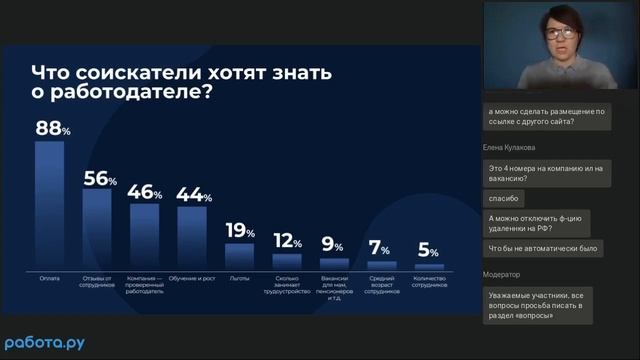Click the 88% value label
tap(52, 128)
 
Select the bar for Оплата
tap(49, 205)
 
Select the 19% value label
tap(240, 231)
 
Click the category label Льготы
tap(239, 277)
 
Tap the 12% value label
tap(287, 241)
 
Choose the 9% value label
tap(333, 245)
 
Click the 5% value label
tap(429, 250)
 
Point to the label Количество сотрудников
tap(429, 283)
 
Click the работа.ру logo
tap(45, 342)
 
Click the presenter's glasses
tap(560, 33)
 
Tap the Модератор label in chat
tap(504, 273)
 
